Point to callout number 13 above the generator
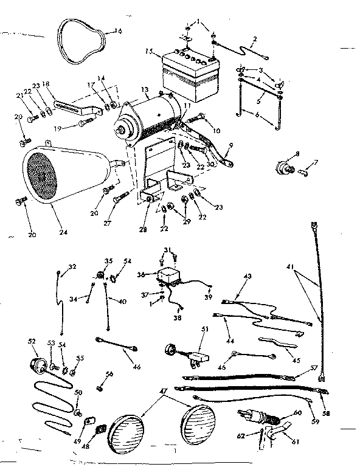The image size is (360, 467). click(145, 90)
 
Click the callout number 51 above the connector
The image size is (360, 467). click(204, 330)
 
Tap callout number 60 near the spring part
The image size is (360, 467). click(297, 413)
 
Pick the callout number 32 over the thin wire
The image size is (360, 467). click(72, 266)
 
